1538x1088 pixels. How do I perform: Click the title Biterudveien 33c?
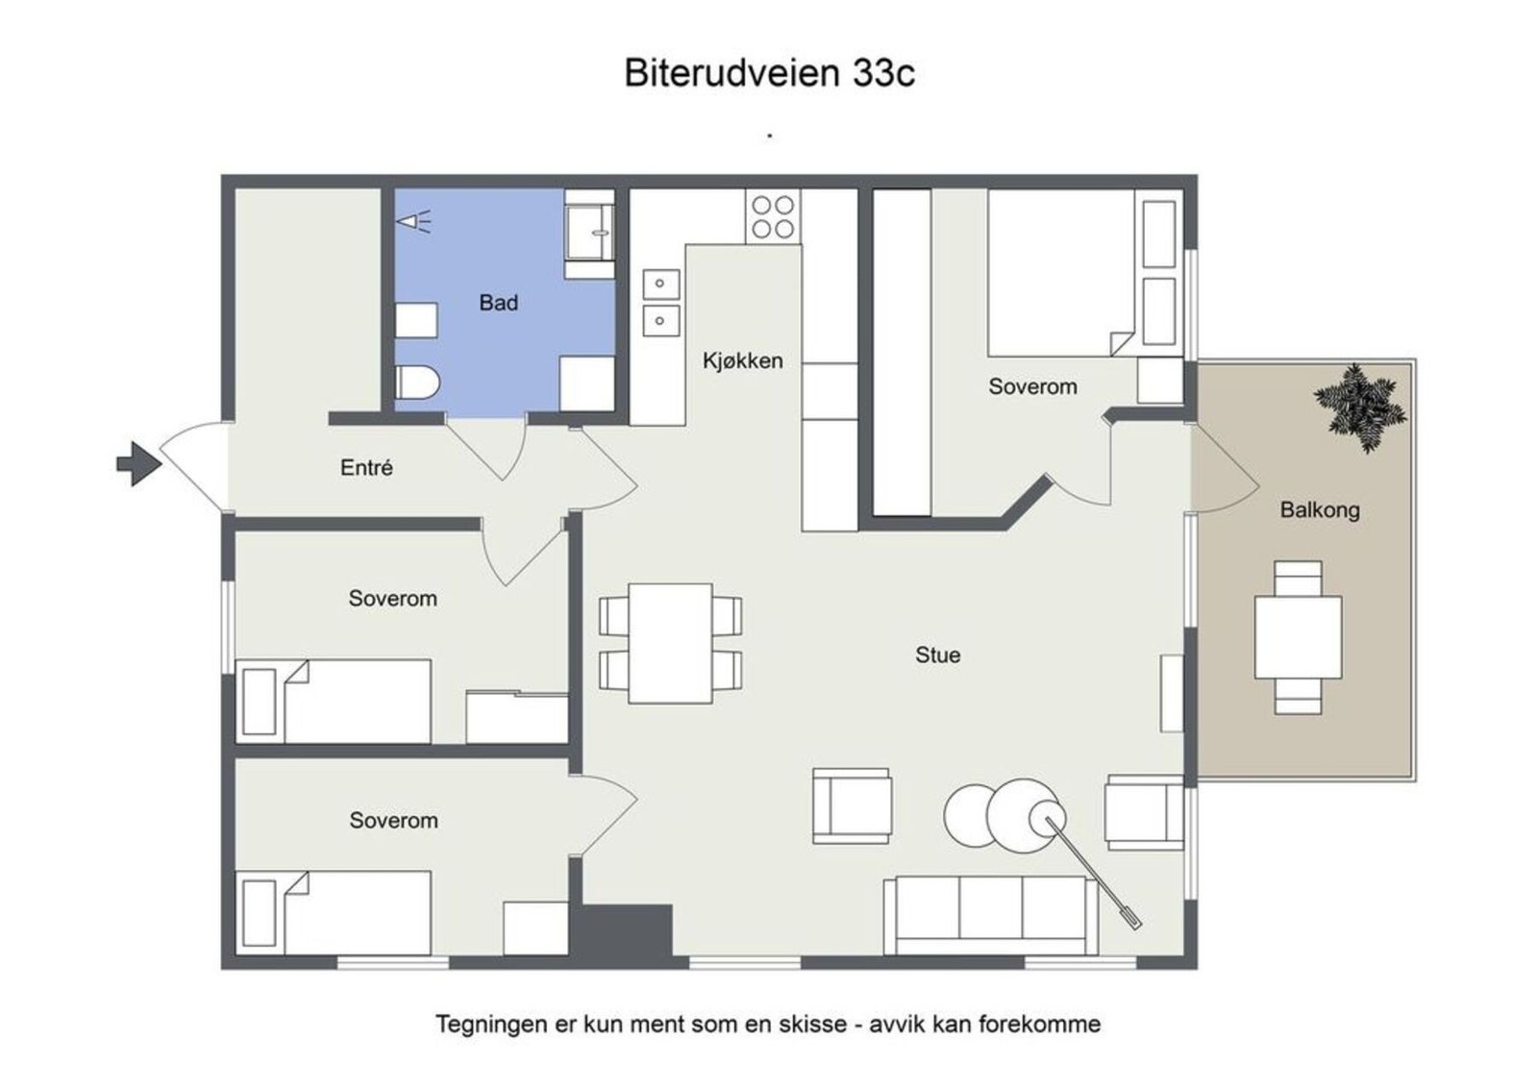[769, 73]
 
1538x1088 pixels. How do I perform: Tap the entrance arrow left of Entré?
[138, 463]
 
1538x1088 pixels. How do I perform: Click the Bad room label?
[498, 303]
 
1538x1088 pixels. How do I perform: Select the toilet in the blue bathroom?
[416, 383]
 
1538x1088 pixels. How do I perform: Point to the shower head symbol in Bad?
[413, 222]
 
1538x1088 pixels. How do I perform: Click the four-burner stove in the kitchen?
[773, 216]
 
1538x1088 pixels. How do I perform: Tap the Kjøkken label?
[742, 361]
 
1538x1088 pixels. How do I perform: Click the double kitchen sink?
[660, 302]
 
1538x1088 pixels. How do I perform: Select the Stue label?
[937, 655]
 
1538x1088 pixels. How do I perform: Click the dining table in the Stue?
[670, 643]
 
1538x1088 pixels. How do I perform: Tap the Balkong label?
[1319, 510]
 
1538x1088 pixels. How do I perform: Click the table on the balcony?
[1298, 637]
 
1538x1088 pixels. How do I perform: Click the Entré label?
[366, 468]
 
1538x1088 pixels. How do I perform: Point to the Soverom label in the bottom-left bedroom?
[393, 821]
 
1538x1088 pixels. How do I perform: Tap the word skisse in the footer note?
[812, 1025]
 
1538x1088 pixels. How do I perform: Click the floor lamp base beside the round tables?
[1044, 819]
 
